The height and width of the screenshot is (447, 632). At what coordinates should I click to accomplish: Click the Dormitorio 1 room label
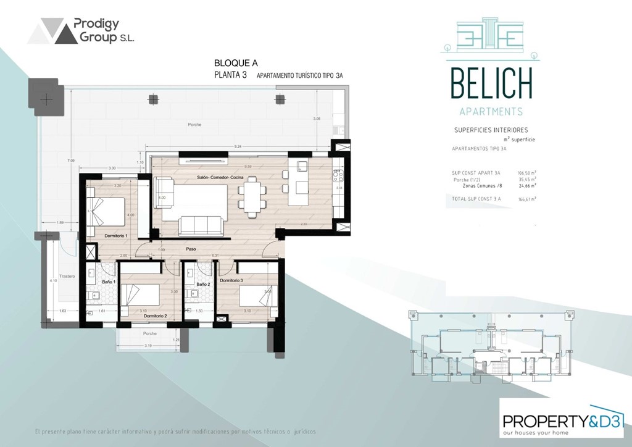116,236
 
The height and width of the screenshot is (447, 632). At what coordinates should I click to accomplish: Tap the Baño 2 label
203,284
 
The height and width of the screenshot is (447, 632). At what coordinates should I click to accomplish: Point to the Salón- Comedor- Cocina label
219,178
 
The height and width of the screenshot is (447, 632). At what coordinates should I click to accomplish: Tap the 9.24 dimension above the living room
238,147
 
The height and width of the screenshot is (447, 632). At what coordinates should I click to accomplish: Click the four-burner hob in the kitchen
338,180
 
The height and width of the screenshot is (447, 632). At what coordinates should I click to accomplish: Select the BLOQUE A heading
235,63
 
